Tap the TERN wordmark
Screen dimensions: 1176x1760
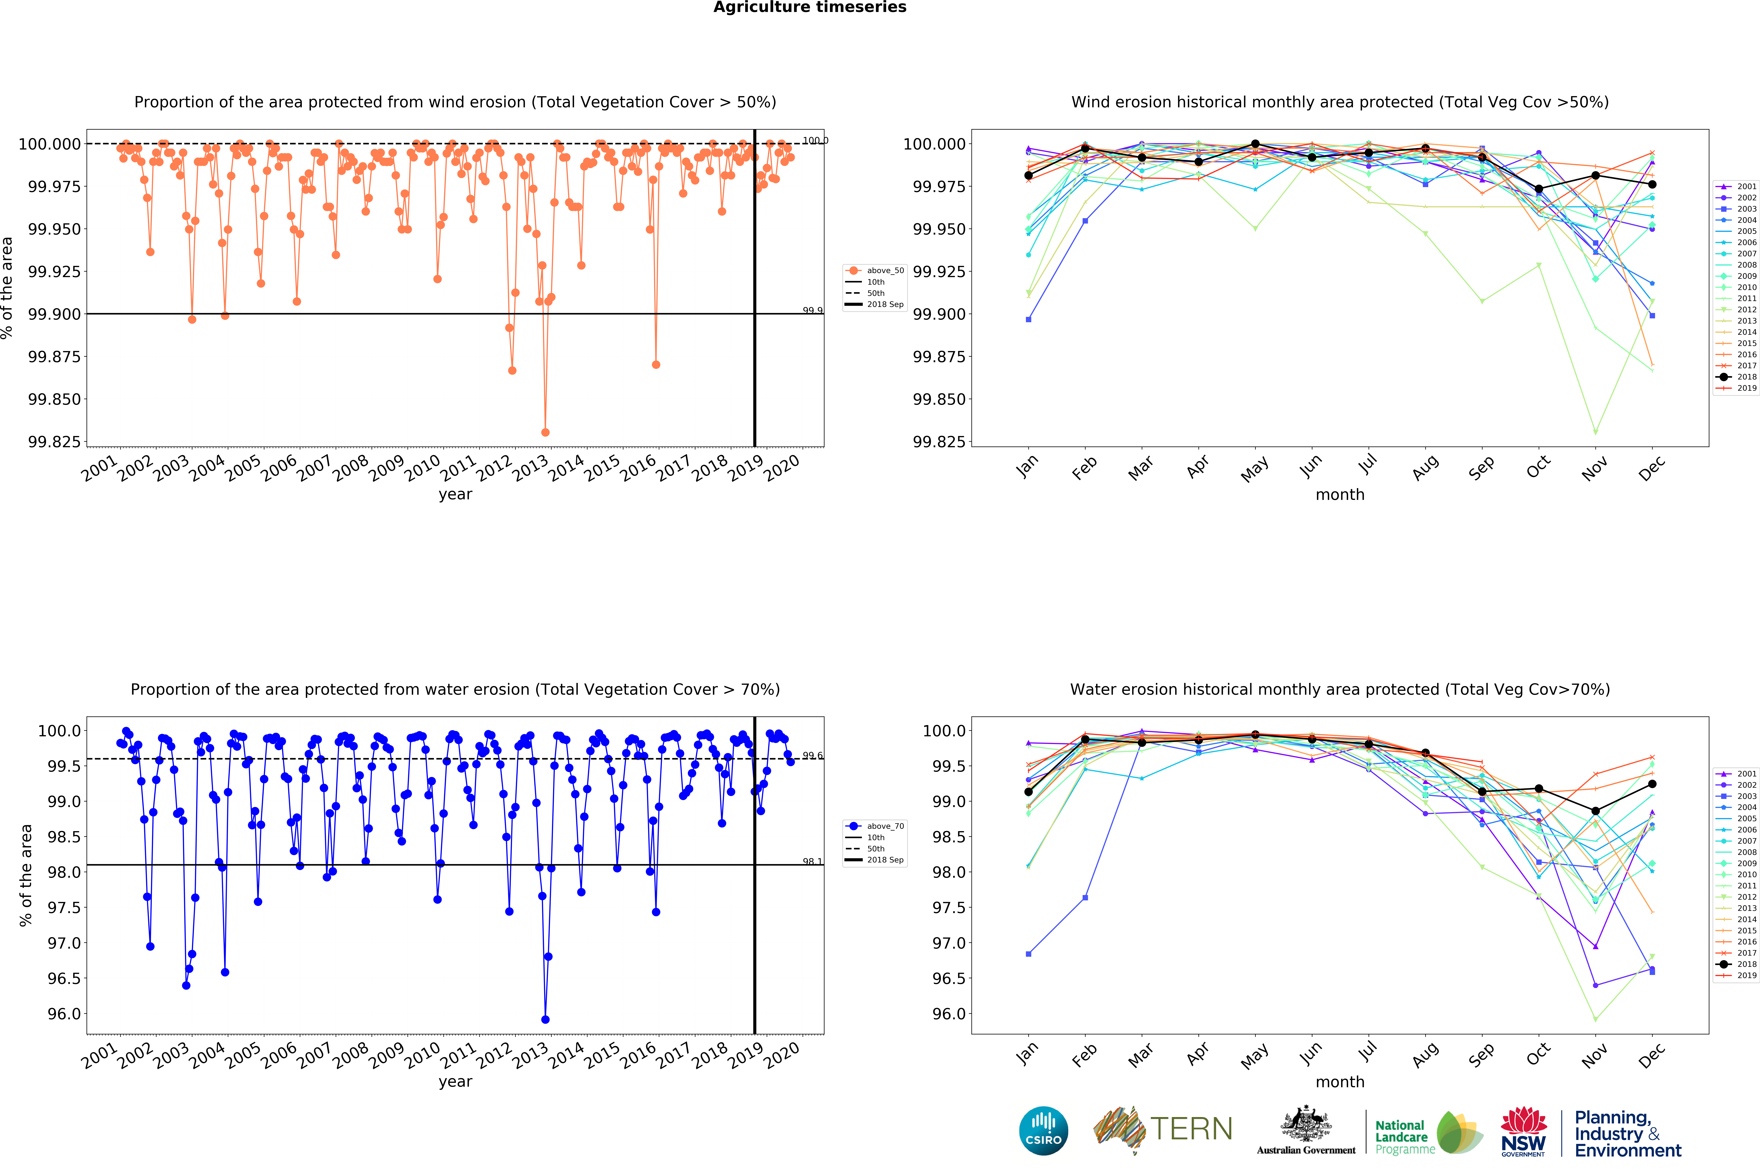1191,1129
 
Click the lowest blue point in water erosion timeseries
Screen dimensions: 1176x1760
545,1019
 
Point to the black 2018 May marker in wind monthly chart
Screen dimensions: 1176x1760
1255,144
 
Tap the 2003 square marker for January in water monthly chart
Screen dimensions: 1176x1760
1028,954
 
